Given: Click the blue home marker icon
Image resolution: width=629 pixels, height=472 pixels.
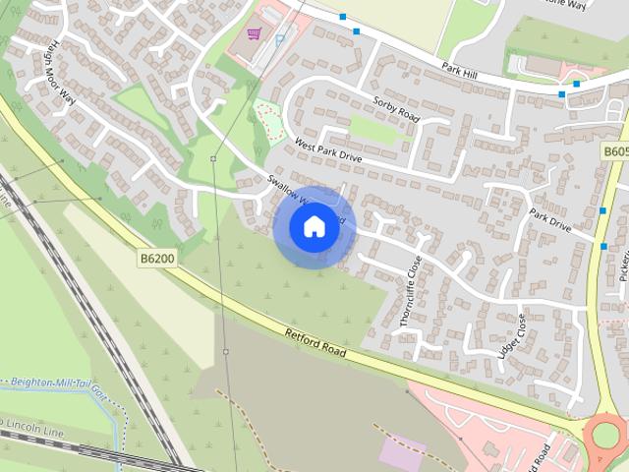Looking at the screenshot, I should [314, 227].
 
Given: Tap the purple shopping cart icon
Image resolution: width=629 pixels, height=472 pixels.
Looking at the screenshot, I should [254, 34].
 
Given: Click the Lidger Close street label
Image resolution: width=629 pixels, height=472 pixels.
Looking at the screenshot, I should [513, 336].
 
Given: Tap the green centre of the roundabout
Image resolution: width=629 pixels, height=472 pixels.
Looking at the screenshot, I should [607, 434].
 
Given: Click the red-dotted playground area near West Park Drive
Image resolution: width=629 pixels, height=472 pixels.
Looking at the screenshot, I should [267, 121].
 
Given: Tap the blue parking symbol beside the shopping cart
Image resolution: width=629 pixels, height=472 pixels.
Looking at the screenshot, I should [280, 40].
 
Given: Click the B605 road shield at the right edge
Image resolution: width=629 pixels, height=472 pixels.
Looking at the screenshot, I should [615, 151].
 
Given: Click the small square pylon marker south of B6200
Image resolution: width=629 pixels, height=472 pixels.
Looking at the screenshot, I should [225, 351].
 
